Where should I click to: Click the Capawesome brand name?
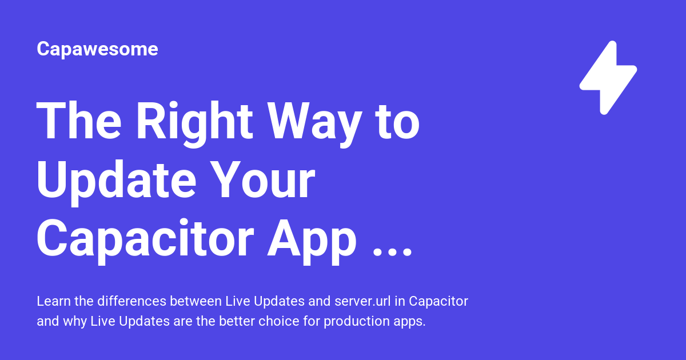(97, 49)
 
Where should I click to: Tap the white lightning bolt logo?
(608, 78)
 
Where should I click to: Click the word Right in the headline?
(194, 123)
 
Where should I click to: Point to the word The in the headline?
(79, 121)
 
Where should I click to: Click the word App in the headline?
(312, 242)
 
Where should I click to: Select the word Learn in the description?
(54, 301)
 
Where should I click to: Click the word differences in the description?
(131, 301)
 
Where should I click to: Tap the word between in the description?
(196, 301)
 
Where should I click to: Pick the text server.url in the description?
(362, 301)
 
